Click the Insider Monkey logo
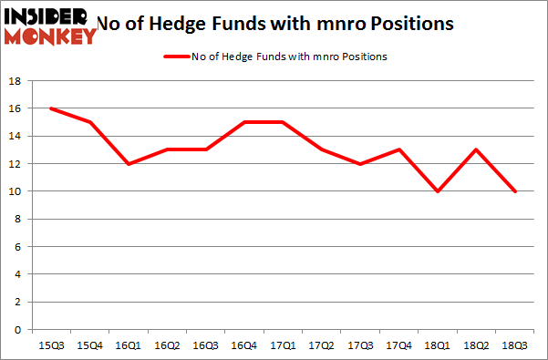51,26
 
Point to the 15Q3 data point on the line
51,108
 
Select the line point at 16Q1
129,164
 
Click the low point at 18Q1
439,191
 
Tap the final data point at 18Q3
517,191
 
